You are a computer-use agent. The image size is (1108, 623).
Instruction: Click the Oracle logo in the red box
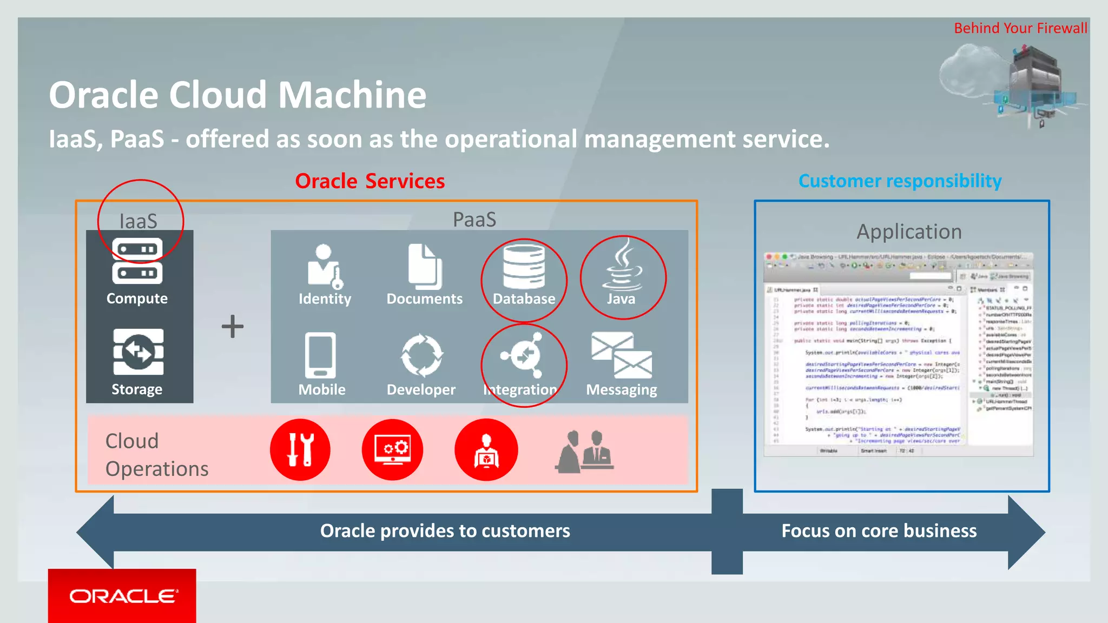[x=123, y=596]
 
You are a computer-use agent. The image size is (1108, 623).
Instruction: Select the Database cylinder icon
[x=524, y=266]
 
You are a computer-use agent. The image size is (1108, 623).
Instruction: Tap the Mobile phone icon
[x=320, y=355]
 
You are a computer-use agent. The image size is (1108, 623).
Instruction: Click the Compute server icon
[x=137, y=261]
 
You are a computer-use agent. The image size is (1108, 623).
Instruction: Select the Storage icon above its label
[x=138, y=352]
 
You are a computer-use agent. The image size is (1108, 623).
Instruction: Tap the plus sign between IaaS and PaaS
[x=233, y=327]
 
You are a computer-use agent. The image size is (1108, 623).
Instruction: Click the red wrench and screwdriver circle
[x=300, y=449]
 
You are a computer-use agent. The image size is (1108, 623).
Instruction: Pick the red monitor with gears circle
[x=393, y=449]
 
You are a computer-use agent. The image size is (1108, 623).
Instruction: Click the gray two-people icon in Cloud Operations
[x=584, y=452]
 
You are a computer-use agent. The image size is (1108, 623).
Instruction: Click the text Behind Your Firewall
[x=1020, y=28]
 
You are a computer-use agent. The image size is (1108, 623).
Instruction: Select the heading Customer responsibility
[x=900, y=181]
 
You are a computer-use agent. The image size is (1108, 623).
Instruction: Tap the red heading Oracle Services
[x=370, y=181]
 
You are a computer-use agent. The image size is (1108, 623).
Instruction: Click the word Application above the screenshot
[x=909, y=231]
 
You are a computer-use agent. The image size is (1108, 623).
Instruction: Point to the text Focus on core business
[x=879, y=531]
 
